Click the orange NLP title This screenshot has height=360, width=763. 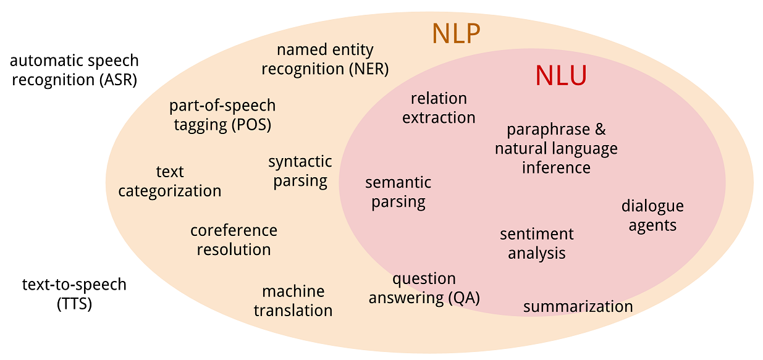[456, 33]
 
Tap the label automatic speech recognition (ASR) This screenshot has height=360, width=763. [74, 70]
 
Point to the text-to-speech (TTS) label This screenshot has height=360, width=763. [74, 294]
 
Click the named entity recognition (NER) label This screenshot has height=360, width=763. [325, 59]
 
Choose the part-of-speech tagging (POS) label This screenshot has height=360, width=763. [222, 115]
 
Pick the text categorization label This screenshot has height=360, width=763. [170, 181]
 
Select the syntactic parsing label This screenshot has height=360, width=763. [300, 171]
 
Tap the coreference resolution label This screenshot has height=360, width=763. [234, 240]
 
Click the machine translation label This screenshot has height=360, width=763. [293, 300]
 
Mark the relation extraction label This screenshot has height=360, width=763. [439, 107]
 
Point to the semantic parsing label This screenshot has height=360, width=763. [398, 192]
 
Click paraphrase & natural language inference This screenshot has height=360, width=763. [556, 148]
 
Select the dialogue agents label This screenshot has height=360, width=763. [652, 215]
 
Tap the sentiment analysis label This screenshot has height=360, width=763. [537, 243]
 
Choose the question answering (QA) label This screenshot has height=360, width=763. [424, 288]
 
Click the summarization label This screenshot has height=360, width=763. [578, 306]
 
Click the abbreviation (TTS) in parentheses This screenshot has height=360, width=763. [74, 304]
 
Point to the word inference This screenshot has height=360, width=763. [556, 167]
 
